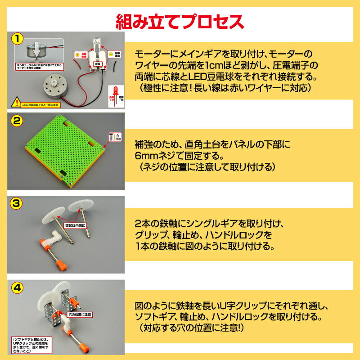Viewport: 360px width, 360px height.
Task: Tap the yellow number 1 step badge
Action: (x=17, y=39)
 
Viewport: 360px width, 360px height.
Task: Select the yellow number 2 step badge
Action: (x=17, y=120)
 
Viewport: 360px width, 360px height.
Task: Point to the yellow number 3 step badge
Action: (x=17, y=203)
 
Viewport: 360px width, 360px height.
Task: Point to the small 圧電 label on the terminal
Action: (x=96, y=64)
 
